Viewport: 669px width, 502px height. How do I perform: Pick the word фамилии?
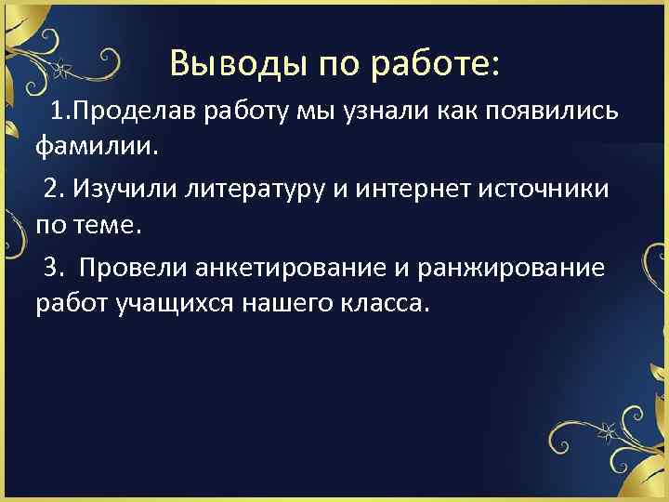click(x=97, y=145)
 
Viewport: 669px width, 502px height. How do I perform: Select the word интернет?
click(x=430, y=191)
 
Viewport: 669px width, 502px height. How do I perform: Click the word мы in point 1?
click(x=309, y=113)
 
